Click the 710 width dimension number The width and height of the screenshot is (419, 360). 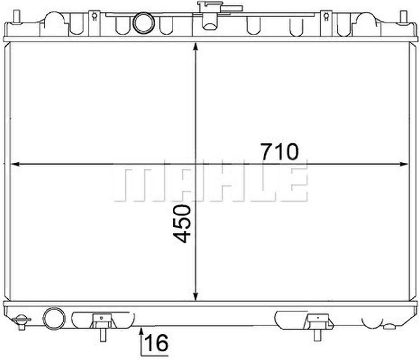[280, 152]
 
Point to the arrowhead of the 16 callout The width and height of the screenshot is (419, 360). [141, 331]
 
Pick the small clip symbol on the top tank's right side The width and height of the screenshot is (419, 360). [326, 16]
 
